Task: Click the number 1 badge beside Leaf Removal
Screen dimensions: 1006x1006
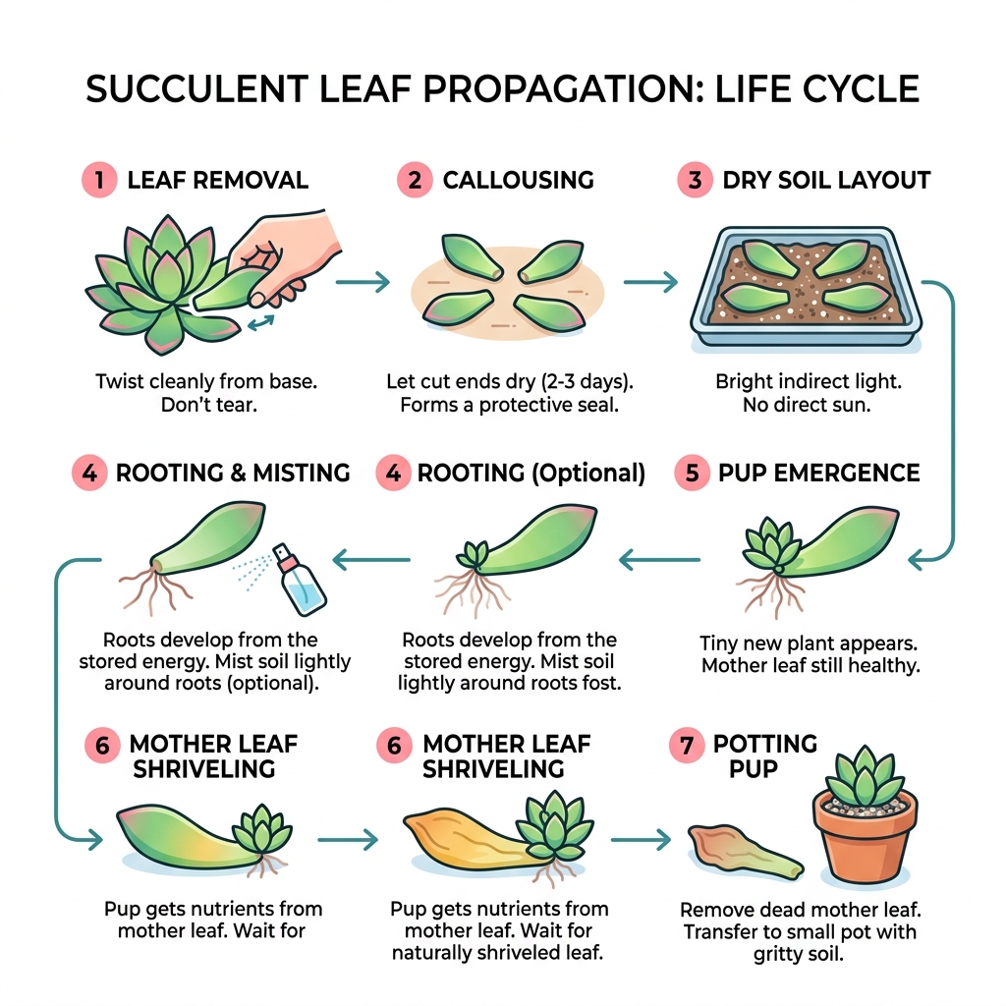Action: tap(98, 180)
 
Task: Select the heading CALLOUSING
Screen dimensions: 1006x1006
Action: tap(518, 180)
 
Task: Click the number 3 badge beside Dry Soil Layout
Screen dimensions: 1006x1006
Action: tap(695, 180)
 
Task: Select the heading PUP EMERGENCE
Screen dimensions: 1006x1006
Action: tap(818, 473)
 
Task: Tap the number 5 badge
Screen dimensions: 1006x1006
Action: tap(692, 473)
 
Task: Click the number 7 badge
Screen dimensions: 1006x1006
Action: tap(686, 745)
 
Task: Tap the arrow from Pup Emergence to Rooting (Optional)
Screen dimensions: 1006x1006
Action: tap(658, 560)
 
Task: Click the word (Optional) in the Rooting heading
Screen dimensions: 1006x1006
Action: tap(587, 473)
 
